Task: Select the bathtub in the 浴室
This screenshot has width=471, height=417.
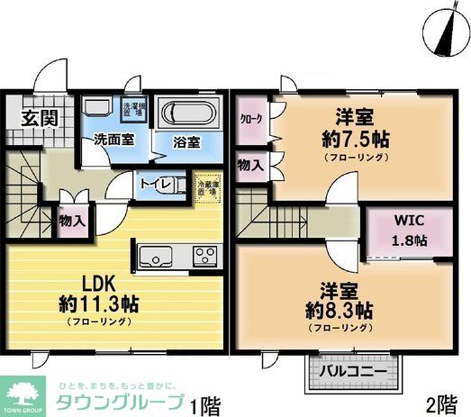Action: tap(186, 116)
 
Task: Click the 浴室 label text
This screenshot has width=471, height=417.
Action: tap(186, 142)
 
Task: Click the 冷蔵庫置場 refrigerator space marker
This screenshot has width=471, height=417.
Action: tap(207, 184)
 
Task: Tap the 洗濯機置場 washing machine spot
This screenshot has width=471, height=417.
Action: tap(133, 109)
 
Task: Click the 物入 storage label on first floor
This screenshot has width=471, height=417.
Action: tap(73, 219)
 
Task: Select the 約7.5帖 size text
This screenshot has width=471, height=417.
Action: tap(347, 139)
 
